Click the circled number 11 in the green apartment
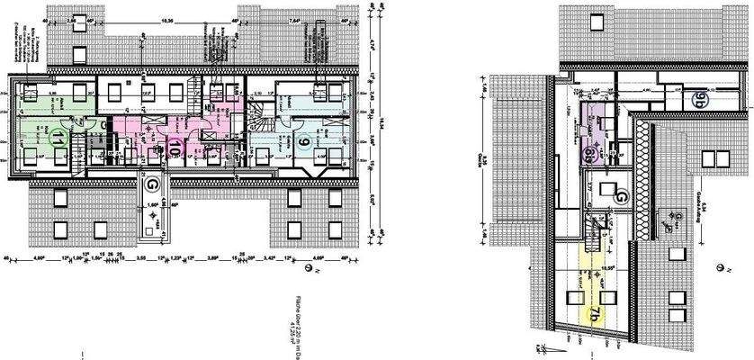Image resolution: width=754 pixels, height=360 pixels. coord(56,139)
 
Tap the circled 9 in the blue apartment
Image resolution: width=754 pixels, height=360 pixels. coord(304,141)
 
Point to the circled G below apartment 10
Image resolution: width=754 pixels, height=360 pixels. coord(153,184)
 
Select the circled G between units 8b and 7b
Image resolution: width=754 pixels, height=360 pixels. coord(620,195)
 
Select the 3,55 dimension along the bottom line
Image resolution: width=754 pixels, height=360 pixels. coord(141,256)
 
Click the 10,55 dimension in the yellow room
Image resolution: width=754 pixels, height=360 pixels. coord(607,268)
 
